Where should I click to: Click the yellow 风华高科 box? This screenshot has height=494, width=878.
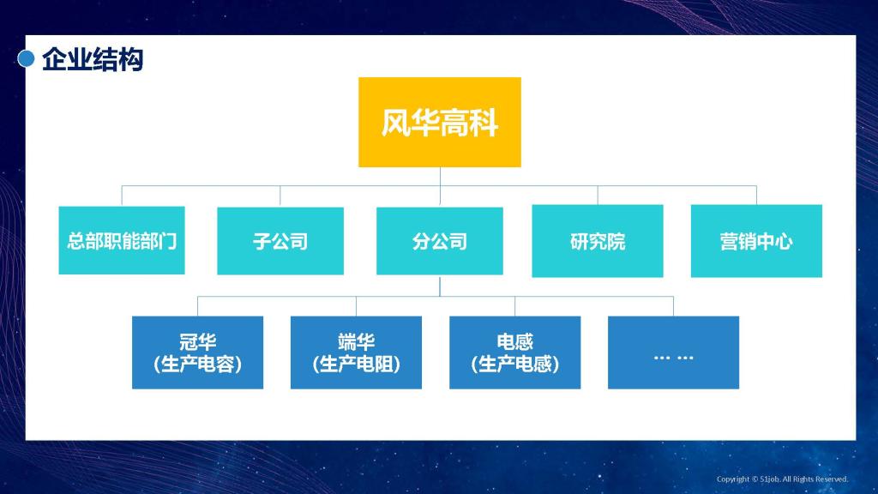(440, 122)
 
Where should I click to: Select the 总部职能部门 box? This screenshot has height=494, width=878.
(122, 240)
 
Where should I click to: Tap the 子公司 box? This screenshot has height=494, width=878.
(280, 241)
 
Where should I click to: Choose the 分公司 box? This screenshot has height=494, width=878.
(440, 241)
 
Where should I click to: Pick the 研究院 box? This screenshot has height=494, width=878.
(598, 241)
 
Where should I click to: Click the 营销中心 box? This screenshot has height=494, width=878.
(756, 241)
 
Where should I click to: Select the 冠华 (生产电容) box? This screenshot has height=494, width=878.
(198, 352)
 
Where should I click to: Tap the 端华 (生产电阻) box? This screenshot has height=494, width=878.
(356, 352)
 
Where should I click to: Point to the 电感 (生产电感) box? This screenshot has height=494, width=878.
(515, 352)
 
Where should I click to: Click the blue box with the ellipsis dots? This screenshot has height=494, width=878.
(674, 352)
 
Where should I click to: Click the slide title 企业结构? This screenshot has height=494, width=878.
(93, 59)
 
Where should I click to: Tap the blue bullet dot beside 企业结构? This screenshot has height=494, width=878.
(27, 58)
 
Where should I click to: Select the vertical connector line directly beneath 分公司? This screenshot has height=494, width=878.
(440, 286)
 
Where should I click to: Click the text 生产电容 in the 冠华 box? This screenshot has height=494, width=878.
(198, 364)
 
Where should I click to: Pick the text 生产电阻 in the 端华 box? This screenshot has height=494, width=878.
(356, 364)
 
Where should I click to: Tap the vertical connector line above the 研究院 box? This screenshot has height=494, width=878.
(598, 196)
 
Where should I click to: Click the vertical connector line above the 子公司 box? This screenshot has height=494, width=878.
(280, 196)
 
